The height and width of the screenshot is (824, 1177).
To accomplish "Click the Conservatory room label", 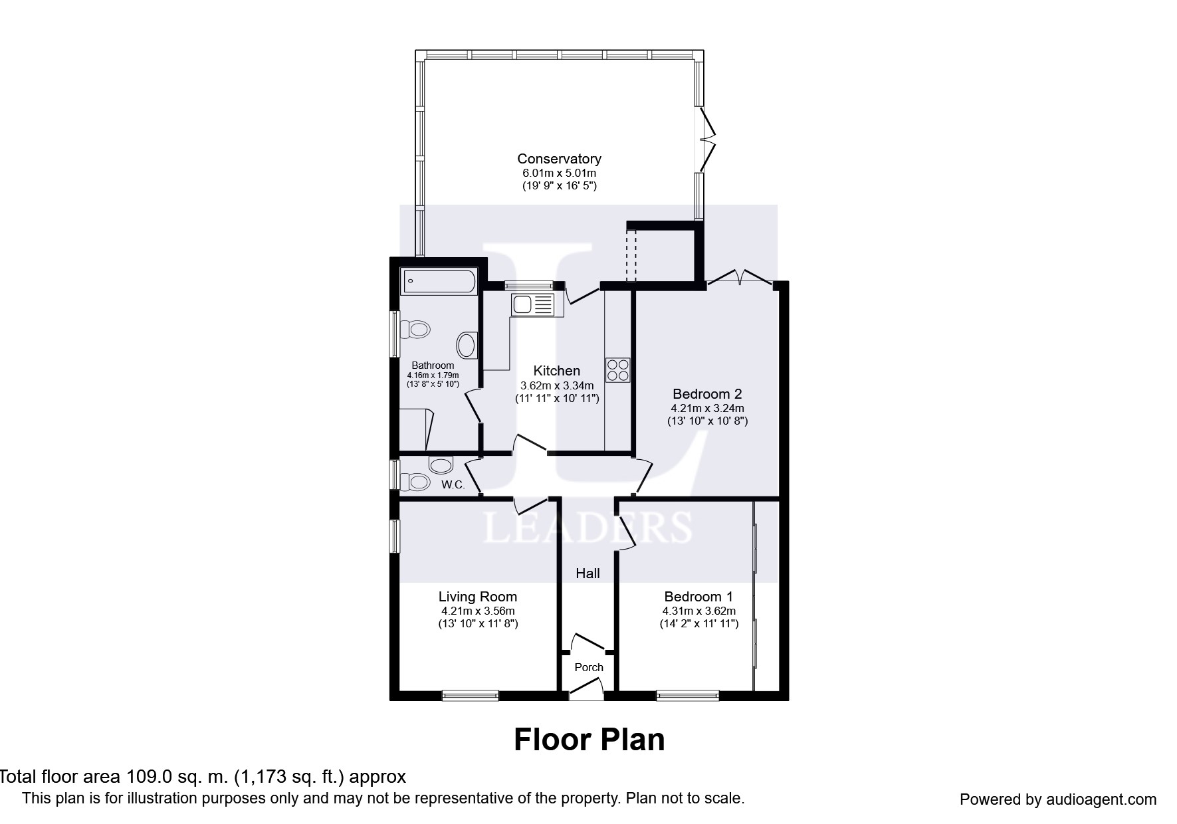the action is click(x=559, y=159).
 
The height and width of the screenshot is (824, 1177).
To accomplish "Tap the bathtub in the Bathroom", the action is click(x=439, y=282).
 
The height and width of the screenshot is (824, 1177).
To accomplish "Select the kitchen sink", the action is click(x=532, y=306).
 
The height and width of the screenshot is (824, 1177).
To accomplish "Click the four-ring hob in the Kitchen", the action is click(x=617, y=370).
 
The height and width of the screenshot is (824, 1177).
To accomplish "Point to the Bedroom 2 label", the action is click(x=707, y=394).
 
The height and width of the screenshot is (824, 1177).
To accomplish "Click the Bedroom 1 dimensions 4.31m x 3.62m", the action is click(x=699, y=611).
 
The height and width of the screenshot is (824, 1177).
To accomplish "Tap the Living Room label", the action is click(x=478, y=597).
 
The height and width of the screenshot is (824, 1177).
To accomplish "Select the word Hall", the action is click(x=588, y=573).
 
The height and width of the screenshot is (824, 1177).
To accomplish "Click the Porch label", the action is click(x=589, y=667).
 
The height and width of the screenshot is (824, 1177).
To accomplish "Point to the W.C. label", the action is click(x=453, y=485).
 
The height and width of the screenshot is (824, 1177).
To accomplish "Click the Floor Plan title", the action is click(x=589, y=740).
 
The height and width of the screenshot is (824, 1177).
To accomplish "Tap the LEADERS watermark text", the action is click(x=588, y=528).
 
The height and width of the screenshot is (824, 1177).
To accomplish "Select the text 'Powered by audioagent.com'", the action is click(x=1058, y=799).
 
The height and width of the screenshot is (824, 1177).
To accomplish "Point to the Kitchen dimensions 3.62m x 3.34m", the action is click(x=557, y=385).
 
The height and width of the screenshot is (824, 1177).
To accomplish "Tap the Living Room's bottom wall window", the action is click(x=471, y=696).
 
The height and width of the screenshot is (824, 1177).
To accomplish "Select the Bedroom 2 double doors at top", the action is click(x=740, y=278).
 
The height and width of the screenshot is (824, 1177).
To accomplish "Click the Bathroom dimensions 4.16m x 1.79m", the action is click(x=433, y=375).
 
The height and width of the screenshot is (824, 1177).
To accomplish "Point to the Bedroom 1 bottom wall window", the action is click(x=688, y=696).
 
